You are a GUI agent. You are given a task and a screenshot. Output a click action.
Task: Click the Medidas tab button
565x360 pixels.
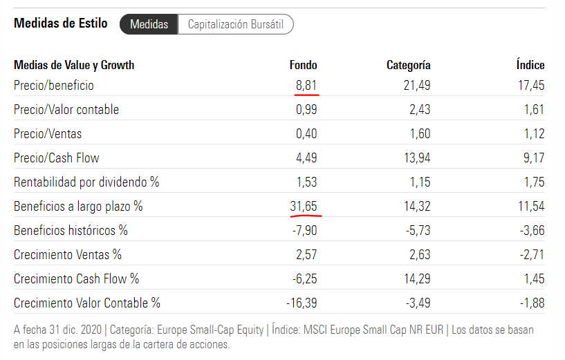(x=149, y=24)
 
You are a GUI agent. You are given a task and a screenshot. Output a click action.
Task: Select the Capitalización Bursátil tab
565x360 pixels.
(x=237, y=24)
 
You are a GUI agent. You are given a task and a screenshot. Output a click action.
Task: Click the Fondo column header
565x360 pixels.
(x=303, y=65)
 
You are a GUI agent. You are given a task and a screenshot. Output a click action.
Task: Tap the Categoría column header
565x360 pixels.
(x=408, y=65)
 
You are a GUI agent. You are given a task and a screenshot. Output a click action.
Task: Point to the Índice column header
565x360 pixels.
(x=530, y=65)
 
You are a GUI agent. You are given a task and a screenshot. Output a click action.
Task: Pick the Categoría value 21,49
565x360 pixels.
(x=416, y=86)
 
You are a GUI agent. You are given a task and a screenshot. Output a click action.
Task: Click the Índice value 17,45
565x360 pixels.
(x=530, y=86)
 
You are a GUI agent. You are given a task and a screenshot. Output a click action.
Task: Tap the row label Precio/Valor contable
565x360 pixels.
(x=66, y=110)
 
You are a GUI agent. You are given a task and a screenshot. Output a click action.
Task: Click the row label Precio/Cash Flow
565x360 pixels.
(x=57, y=158)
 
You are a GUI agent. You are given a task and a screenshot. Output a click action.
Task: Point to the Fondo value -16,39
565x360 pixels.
(x=302, y=303)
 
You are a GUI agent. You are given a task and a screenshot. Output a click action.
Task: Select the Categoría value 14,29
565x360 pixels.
(x=416, y=278)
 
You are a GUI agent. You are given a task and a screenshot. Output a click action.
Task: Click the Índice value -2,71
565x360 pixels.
(x=532, y=254)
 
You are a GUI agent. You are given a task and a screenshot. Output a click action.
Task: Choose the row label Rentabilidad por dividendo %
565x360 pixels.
(x=86, y=182)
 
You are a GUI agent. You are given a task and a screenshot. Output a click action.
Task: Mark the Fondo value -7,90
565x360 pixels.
(x=304, y=230)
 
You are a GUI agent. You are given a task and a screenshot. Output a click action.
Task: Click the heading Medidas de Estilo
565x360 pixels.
(x=61, y=23)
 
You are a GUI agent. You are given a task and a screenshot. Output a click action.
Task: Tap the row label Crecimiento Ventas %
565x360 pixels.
(x=68, y=254)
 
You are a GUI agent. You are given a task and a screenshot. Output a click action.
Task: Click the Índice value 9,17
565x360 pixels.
(x=533, y=158)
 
